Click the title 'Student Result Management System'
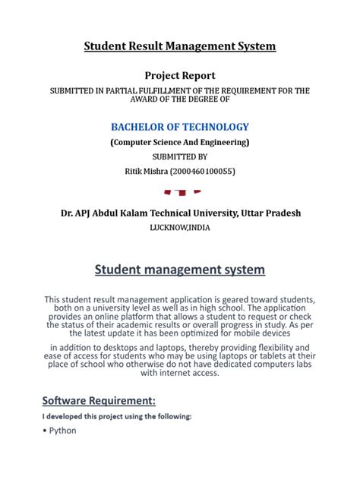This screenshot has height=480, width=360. pyautogui.click(x=179, y=47)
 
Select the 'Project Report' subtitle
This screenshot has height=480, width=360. pyautogui.click(x=179, y=75)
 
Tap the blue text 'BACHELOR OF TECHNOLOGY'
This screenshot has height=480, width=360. pyautogui.click(x=179, y=126)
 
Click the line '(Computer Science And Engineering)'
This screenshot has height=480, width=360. pyautogui.click(x=179, y=142)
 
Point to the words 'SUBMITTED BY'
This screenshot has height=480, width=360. pyautogui.click(x=179, y=157)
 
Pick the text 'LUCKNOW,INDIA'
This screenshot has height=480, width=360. pyautogui.click(x=179, y=227)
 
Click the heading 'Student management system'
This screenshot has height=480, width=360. pyautogui.click(x=179, y=269)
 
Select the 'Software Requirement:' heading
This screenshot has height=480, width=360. pyautogui.click(x=99, y=399)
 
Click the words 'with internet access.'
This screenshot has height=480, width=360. pyautogui.click(x=179, y=373)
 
